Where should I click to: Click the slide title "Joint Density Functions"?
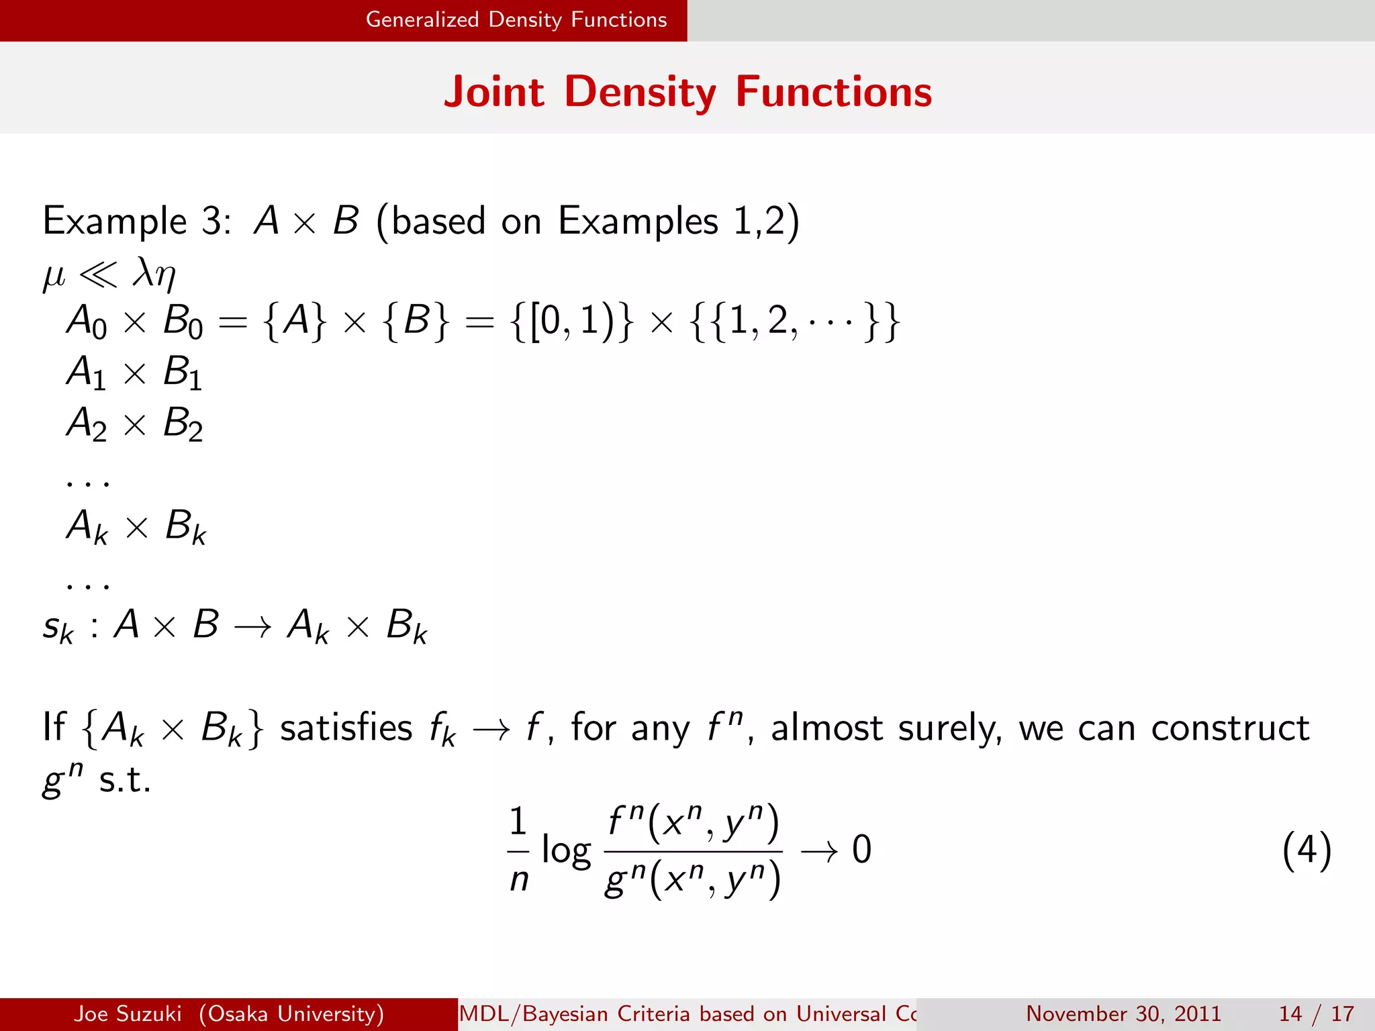pyautogui.click(x=687, y=91)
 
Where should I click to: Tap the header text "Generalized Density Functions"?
pyautogui.click(x=516, y=19)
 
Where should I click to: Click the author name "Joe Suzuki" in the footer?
pyautogui.click(x=128, y=1013)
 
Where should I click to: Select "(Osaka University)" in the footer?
pyautogui.click(x=291, y=1013)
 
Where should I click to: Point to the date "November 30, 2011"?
pyautogui.click(x=1123, y=1013)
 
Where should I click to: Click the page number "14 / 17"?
pyautogui.click(x=1316, y=1013)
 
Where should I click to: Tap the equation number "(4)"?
pyautogui.click(x=1306, y=850)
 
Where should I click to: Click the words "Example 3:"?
pyautogui.click(x=137, y=221)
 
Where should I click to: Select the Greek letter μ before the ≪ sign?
pyautogui.click(x=54, y=275)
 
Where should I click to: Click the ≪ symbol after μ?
pyautogui.click(x=98, y=275)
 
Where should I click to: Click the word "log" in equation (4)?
pyautogui.click(x=566, y=851)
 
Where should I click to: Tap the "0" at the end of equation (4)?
pyautogui.click(x=861, y=850)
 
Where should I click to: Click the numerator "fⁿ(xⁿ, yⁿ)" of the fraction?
pyautogui.click(x=693, y=824)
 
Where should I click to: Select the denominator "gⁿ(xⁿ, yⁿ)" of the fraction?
pyautogui.click(x=693, y=879)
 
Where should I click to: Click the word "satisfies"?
pyautogui.click(x=346, y=728)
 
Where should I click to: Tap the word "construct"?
pyautogui.click(x=1230, y=728)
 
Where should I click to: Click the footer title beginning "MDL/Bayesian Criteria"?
pyautogui.click(x=686, y=1013)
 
